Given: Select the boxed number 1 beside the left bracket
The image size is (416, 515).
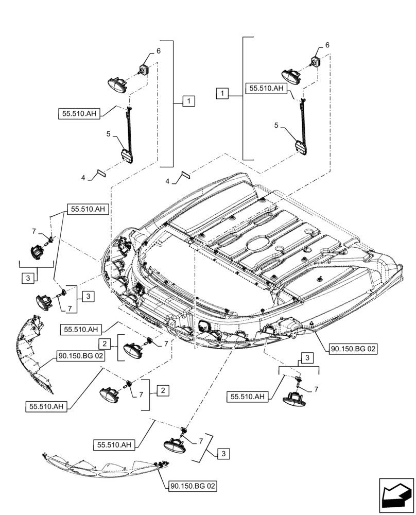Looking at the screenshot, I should [x=188, y=101].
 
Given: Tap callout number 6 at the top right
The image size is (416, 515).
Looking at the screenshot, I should [x=327, y=46].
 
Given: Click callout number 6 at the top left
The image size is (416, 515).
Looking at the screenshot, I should [x=159, y=50].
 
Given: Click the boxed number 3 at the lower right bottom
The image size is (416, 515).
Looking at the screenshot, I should [x=223, y=454].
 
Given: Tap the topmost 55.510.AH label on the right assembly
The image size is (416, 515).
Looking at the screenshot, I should [x=266, y=89].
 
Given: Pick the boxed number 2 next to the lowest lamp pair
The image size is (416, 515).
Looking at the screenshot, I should [x=162, y=391].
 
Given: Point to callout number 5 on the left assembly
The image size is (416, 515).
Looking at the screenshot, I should [x=109, y=134].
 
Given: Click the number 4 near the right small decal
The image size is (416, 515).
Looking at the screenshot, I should [x=168, y=181].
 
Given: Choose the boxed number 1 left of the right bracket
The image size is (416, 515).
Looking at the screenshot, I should [x=222, y=94].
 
